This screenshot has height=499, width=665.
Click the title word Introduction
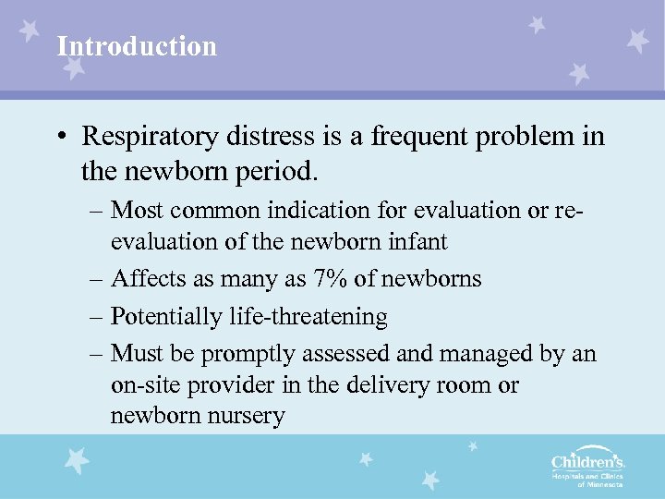(x=137, y=46)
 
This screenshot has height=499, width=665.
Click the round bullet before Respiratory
(x=58, y=138)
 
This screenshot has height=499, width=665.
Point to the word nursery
(x=243, y=416)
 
